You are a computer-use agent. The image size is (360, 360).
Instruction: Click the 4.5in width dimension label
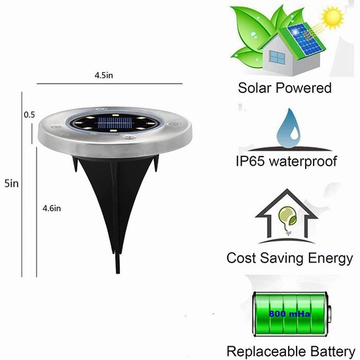[x=104, y=75]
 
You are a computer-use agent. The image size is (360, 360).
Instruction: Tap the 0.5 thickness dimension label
[x=29, y=115]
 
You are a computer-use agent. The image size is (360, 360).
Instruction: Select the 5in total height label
[x=12, y=184]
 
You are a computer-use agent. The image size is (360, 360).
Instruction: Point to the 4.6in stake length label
[x=52, y=208]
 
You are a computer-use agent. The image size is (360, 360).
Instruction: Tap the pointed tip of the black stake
[x=118, y=273]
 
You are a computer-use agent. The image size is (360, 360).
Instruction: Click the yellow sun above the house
[x=332, y=18]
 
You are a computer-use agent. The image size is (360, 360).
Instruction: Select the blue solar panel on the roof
[x=306, y=39]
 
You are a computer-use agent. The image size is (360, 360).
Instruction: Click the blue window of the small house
[x=278, y=57]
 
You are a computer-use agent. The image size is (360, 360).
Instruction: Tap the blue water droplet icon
[x=288, y=129]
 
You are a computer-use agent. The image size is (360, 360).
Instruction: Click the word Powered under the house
[x=304, y=88]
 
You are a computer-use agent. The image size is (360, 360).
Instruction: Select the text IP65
[x=251, y=161]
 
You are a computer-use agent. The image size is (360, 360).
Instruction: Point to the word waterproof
[x=303, y=162]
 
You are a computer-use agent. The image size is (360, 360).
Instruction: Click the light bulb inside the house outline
[x=287, y=219]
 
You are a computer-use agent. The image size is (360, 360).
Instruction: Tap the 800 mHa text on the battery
[x=289, y=314]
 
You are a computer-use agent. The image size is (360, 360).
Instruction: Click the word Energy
[x=330, y=259]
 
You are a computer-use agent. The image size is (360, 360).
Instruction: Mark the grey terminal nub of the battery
[x=329, y=314]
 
